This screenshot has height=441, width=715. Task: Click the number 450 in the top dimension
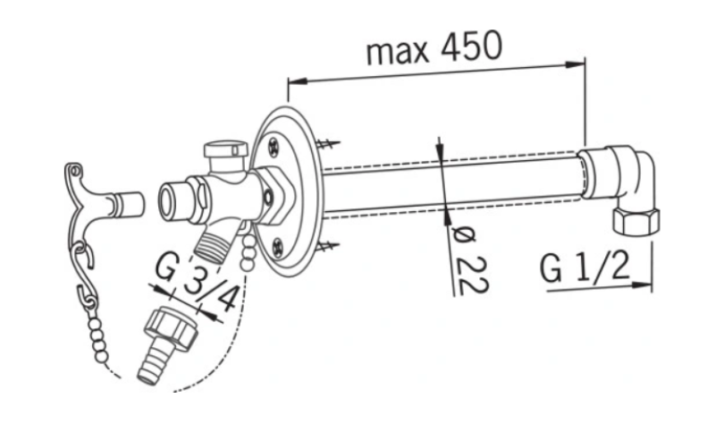point(472,47)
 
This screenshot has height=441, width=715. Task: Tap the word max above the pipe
point(398,52)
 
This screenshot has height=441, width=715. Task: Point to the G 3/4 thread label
point(196,282)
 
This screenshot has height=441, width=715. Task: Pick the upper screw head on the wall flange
point(273,148)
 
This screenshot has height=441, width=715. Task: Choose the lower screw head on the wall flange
point(278,248)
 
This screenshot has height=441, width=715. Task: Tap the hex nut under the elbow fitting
point(635,220)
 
